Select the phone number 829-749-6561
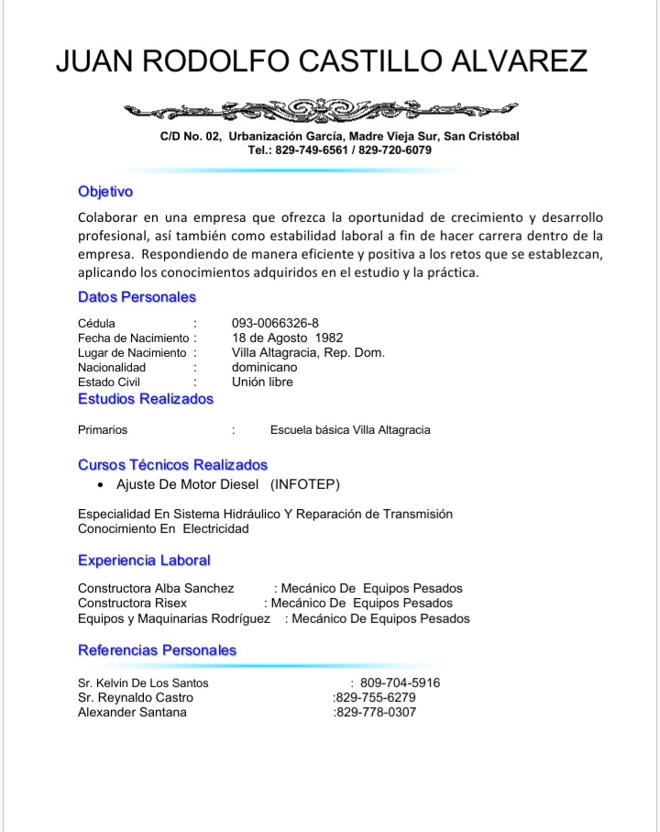pos(313,150)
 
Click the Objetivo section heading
pos(105,192)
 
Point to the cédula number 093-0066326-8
pos(275,323)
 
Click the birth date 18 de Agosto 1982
pos(287,338)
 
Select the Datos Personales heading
pos(137,297)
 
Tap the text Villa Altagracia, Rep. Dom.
pos(308,352)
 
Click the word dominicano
pos(264,367)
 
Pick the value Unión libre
pos(262,382)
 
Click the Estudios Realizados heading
pos(145,399)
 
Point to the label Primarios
pos(103,429)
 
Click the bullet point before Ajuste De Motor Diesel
pos(100,484)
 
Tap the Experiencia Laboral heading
pos(144,560)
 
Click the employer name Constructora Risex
pos(132,603)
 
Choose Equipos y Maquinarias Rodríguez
pos(173,618)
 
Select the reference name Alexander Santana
pos(132,712)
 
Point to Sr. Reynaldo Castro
pos(136,697)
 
